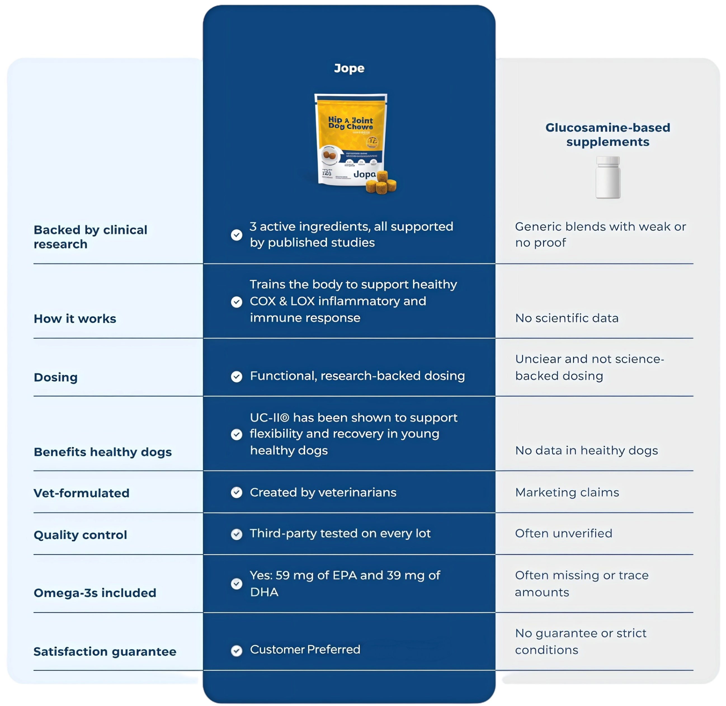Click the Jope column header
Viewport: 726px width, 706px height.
(x=349, y=68)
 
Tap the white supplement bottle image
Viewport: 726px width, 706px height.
(x=607, y=177)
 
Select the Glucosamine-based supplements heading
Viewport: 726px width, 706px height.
(x=607, y=135)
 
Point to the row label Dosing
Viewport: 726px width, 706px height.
(x=56, y=377)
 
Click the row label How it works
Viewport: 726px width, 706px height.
(x=75, y=319)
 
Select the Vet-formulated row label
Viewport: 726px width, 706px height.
(x=82, y=493)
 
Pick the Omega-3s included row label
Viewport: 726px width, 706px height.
(x=95, y=592)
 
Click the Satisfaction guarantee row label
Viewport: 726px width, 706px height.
(x=105, y=651)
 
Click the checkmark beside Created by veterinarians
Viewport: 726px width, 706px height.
(x=237, y=492)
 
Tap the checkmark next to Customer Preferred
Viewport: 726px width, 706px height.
(x=237, y=650)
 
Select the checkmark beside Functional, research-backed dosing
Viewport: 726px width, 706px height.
(x=237, y=376)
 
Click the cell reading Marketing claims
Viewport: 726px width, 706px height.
(x=567, y=492)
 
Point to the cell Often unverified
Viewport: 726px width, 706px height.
(x=563, y=533)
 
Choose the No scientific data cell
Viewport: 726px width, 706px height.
(x=567, y=318)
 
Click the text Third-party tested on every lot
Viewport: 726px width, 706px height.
(x=340, y=533)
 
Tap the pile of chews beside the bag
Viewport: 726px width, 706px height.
(x=381, y=183)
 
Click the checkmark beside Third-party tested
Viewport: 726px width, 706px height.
(x=237, y=534)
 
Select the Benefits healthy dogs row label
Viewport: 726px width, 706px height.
(x=103, y=452)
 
